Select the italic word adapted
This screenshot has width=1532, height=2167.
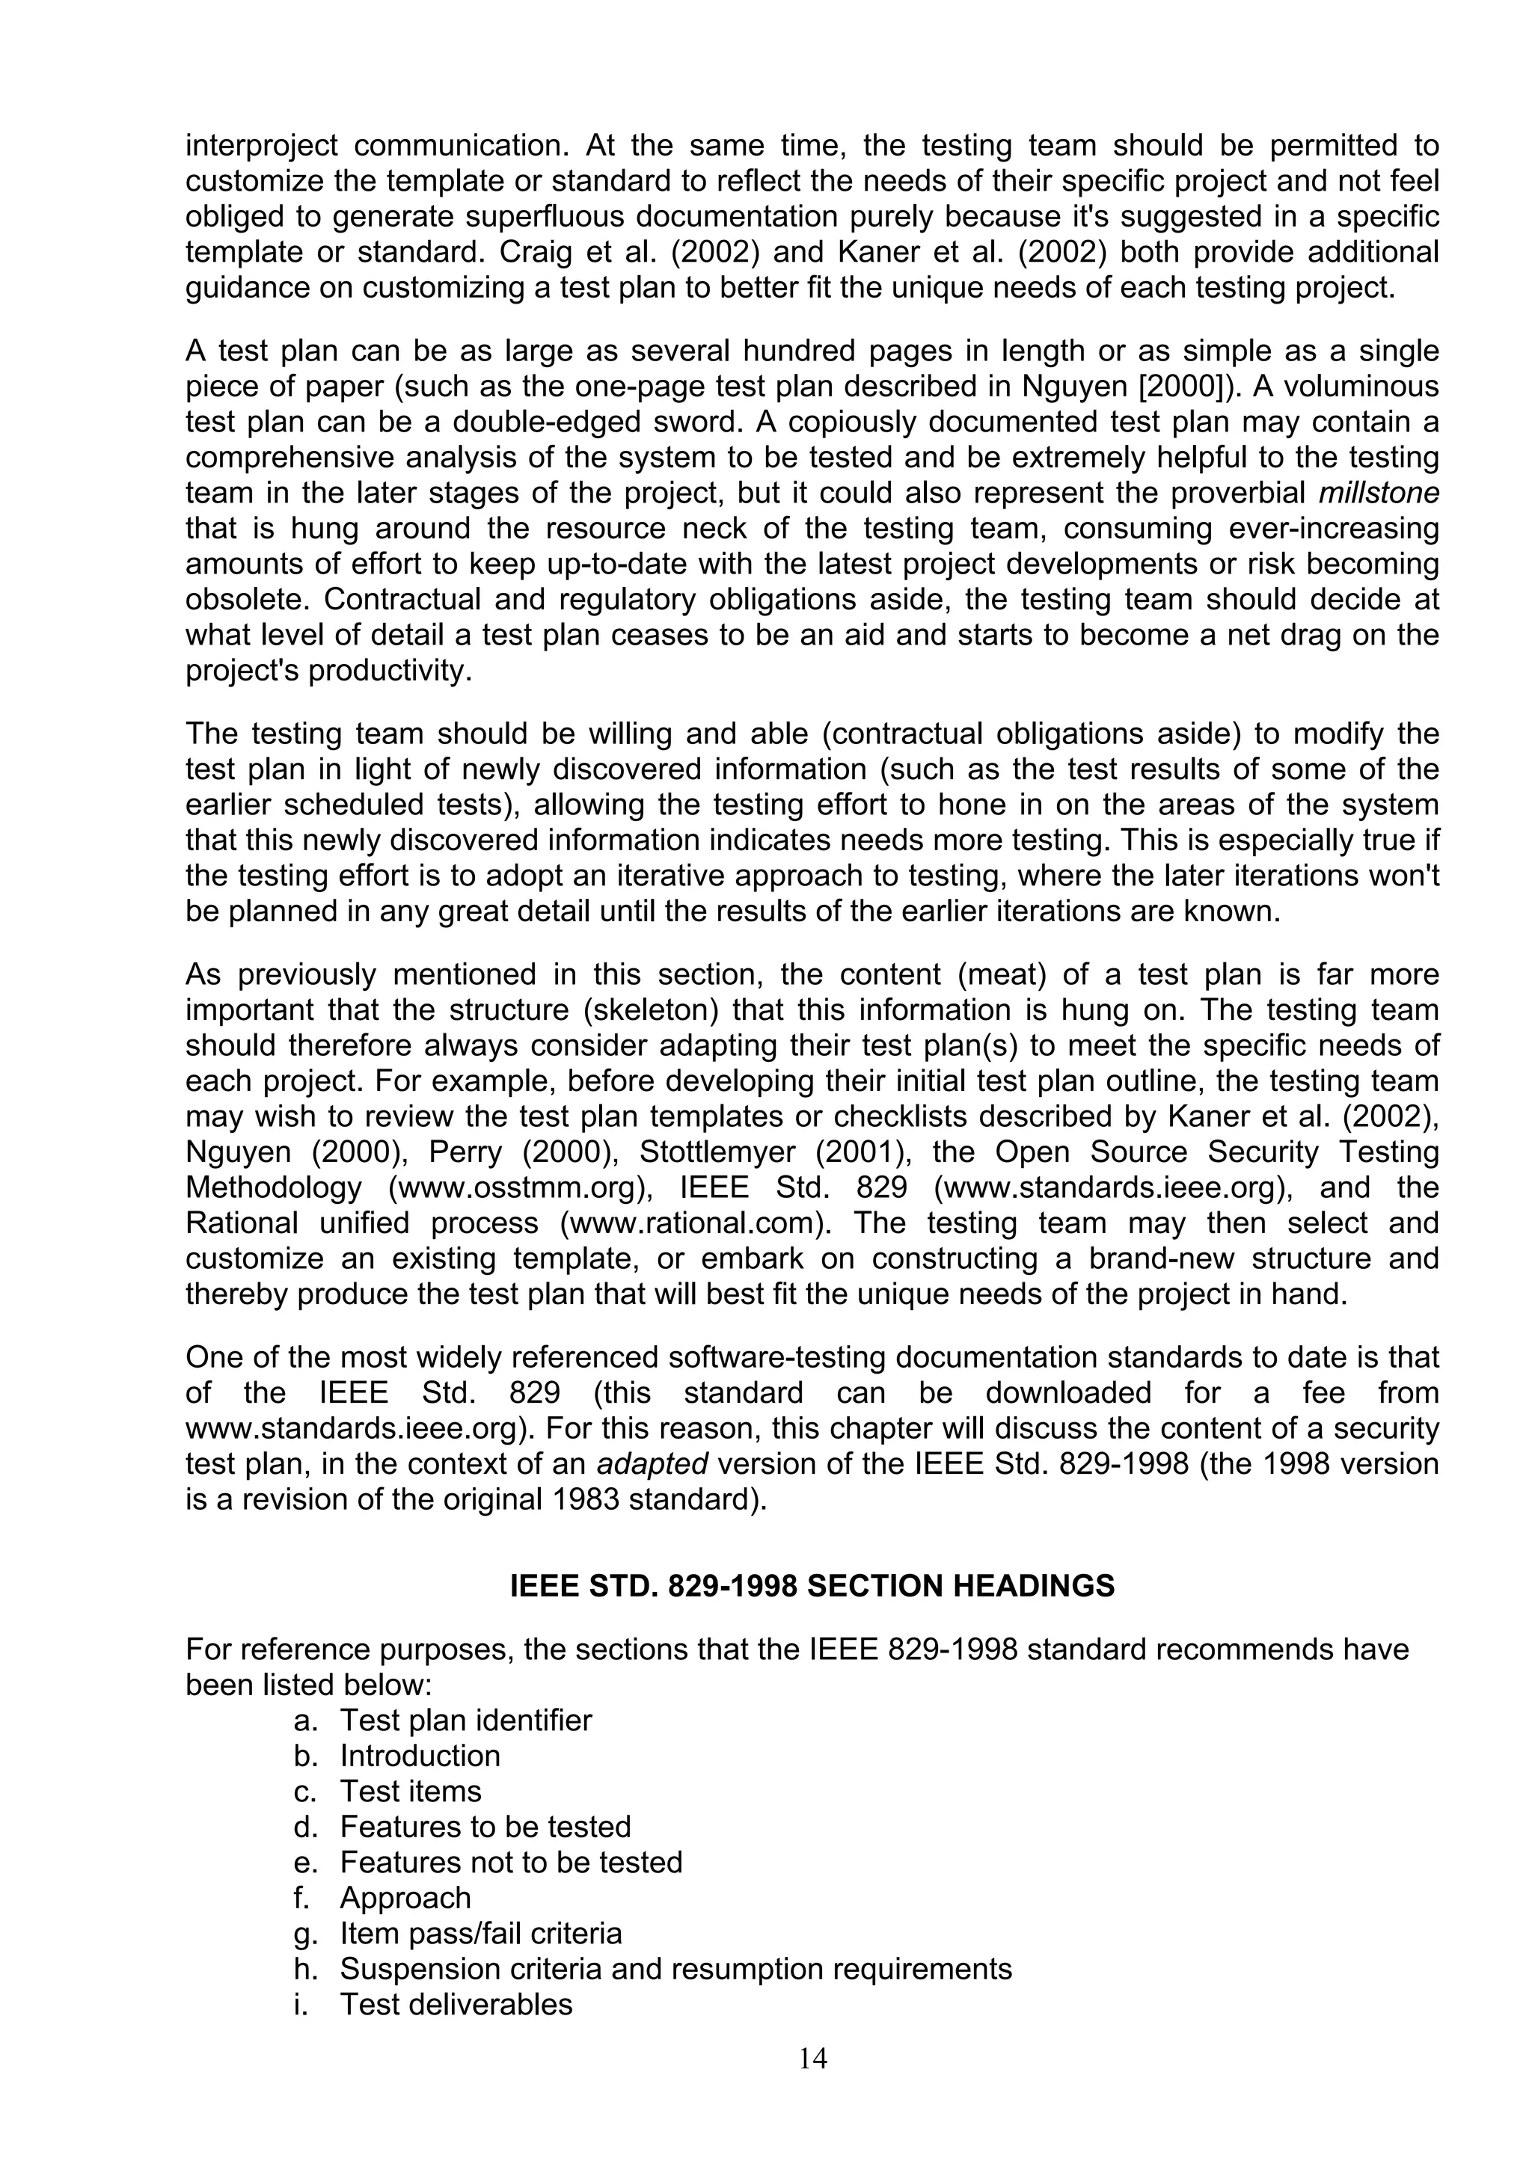[652, 1464]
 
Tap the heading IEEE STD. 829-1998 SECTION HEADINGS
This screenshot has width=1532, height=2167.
[812, 1585]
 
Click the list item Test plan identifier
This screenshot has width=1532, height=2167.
[465, 1720]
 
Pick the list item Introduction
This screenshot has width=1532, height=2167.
[420, 1756]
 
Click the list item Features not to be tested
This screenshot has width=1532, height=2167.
[511, 1862]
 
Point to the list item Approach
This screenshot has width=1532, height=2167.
[405, 1898]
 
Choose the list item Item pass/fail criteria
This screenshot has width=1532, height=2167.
[480, 1933]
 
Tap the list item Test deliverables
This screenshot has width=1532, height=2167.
[456, 2004]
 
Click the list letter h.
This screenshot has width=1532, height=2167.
[302, 1969]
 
